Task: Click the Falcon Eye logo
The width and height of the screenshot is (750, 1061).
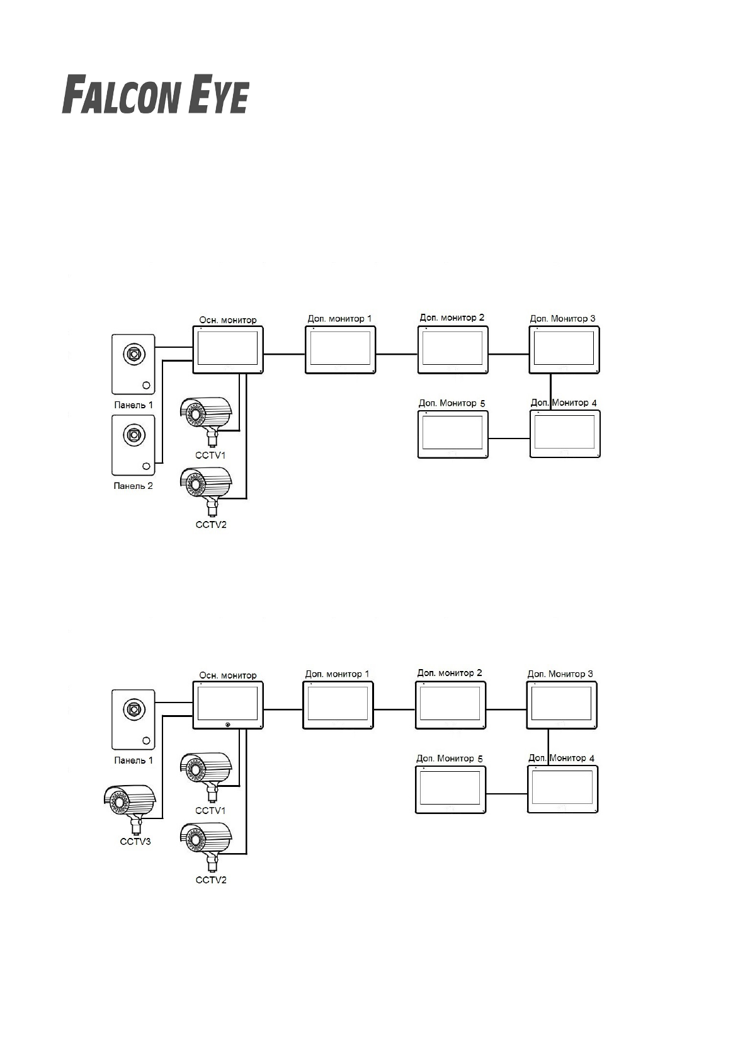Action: [x=155, y=95]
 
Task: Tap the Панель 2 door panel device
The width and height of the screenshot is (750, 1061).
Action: [x=133, y=445]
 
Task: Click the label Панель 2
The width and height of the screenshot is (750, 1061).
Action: [x=133, y=486]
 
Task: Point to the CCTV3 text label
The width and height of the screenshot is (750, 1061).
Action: [x=135, y=841]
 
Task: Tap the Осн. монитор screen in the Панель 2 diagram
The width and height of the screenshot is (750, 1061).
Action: [x=227, y=350]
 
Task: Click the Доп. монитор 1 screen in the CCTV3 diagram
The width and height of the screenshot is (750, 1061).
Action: [x=338, y=705]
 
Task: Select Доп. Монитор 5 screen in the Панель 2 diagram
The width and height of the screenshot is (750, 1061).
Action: [x=453, y=434]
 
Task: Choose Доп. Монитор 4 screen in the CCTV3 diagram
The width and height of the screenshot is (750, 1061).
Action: [x=562, y=789]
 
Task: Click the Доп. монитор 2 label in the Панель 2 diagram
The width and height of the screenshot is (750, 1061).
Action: [x=452, y=318]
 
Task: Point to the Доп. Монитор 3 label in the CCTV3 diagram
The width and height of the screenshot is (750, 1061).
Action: [x=560, y=674]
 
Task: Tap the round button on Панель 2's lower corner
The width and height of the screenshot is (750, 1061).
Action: [x=146, y=466]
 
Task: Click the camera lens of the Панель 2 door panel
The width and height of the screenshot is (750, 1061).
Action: [x=134, y=434]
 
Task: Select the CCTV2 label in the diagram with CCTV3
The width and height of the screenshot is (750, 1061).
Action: [x=210, y=880]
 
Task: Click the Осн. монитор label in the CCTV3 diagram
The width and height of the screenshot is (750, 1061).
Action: [x=228, y=675]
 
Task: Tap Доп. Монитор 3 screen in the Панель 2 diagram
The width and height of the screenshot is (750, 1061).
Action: [x=564, y=350]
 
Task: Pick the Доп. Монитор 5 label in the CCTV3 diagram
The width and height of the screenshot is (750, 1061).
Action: [x=450, y=759]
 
